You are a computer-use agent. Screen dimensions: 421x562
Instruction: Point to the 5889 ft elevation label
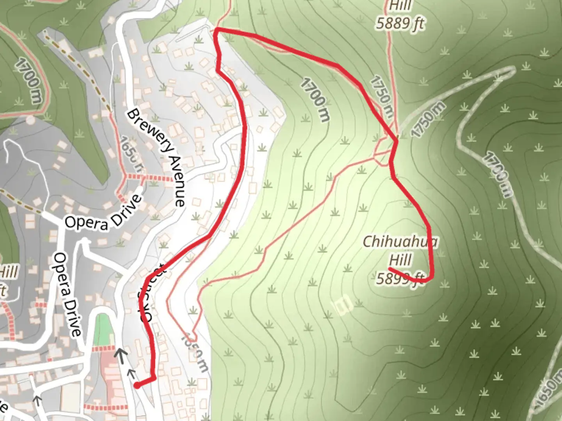[x=400, y=24]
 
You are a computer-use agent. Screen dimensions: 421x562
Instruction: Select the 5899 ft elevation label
[x=400, y=278]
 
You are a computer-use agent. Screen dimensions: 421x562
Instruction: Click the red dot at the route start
[x=137, y=386]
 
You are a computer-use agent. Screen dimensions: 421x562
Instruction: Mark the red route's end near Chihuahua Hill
[x=390, y=269]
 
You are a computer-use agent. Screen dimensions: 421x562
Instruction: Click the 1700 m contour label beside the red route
[x=315, y=99]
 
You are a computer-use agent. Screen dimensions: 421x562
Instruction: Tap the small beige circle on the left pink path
[x=30, y=120]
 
